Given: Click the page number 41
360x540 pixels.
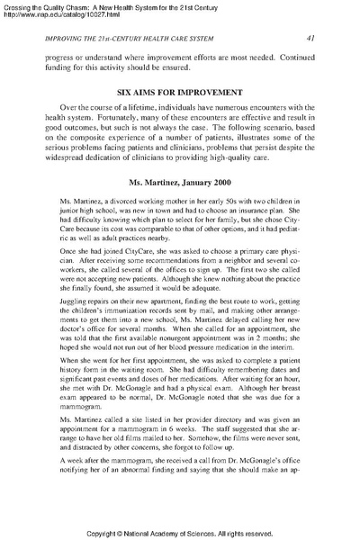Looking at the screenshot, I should click(310, 38).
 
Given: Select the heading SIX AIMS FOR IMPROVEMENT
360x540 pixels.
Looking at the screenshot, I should click(179, 92).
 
